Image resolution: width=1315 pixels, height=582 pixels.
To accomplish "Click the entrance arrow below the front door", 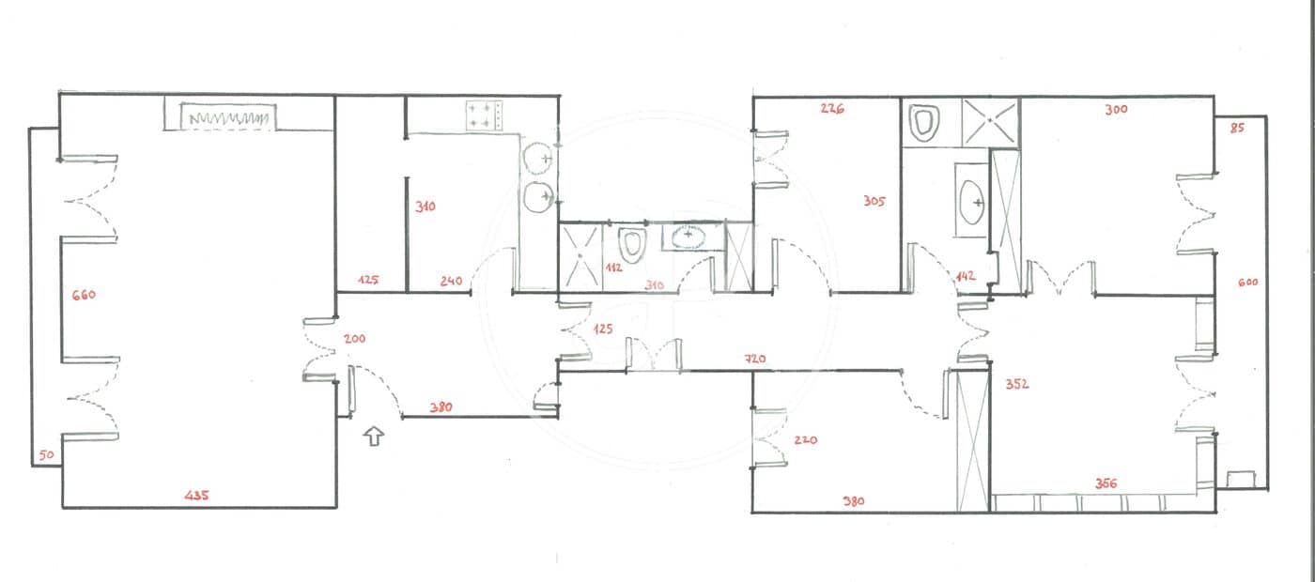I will click(374, 436).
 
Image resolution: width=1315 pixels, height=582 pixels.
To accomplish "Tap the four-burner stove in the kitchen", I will click(484, 115).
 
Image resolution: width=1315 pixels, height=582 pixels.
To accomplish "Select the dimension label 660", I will click(84, 295).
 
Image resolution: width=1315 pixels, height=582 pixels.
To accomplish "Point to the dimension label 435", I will click(197, 494).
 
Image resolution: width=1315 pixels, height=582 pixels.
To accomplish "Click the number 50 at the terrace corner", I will click(44, 456).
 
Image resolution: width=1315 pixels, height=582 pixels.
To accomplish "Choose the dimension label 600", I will click(1247, 283).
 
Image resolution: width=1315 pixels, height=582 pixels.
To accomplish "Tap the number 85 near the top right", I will click(1236, 128).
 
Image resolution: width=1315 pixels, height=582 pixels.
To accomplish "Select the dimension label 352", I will click(1017, 384).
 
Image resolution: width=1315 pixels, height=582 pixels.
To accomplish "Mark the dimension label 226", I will click(832, 108).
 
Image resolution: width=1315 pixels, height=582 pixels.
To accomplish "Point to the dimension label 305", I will click(874, 200).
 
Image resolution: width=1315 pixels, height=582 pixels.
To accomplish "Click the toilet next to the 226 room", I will click(925, 123).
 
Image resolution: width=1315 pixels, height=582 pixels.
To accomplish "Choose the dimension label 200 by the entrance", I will click(354, 338).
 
